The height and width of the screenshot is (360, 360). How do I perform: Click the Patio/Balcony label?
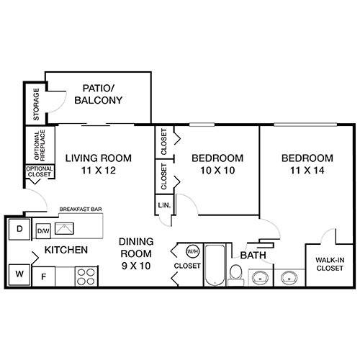98,94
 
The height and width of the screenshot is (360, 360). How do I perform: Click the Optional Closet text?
38,172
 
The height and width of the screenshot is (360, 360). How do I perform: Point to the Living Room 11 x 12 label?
99,164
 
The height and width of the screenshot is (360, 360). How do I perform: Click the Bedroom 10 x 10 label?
217,164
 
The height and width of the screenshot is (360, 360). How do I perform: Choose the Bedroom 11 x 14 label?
307,164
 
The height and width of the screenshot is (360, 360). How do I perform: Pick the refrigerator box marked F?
43,275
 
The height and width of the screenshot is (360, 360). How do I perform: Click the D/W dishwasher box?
43,231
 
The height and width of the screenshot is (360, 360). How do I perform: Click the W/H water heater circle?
192,252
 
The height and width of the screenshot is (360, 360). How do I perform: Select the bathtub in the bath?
215,267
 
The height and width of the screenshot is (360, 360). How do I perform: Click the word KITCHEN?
66,251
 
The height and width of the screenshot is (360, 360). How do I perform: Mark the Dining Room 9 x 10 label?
135,254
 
